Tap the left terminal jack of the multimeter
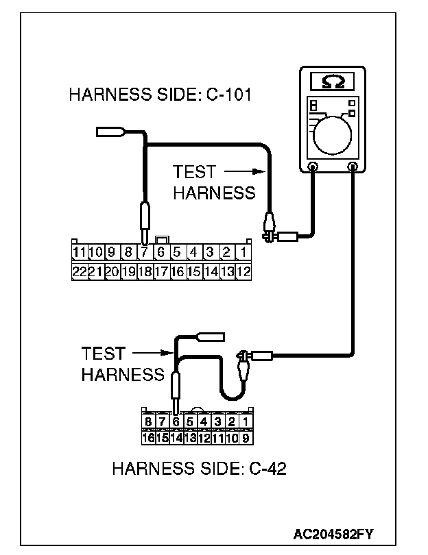pos(313,166)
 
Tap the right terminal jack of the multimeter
pos(353,166)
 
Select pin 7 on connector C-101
pos(144,252)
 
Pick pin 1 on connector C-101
pos(245,252)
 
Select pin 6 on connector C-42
pos(176,421)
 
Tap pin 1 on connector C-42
pos(246,421)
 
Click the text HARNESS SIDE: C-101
pos(160,95)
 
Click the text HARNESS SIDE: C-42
pos(199,469)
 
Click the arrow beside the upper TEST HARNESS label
pos(243,172)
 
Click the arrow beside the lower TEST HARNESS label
pos(152,354)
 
